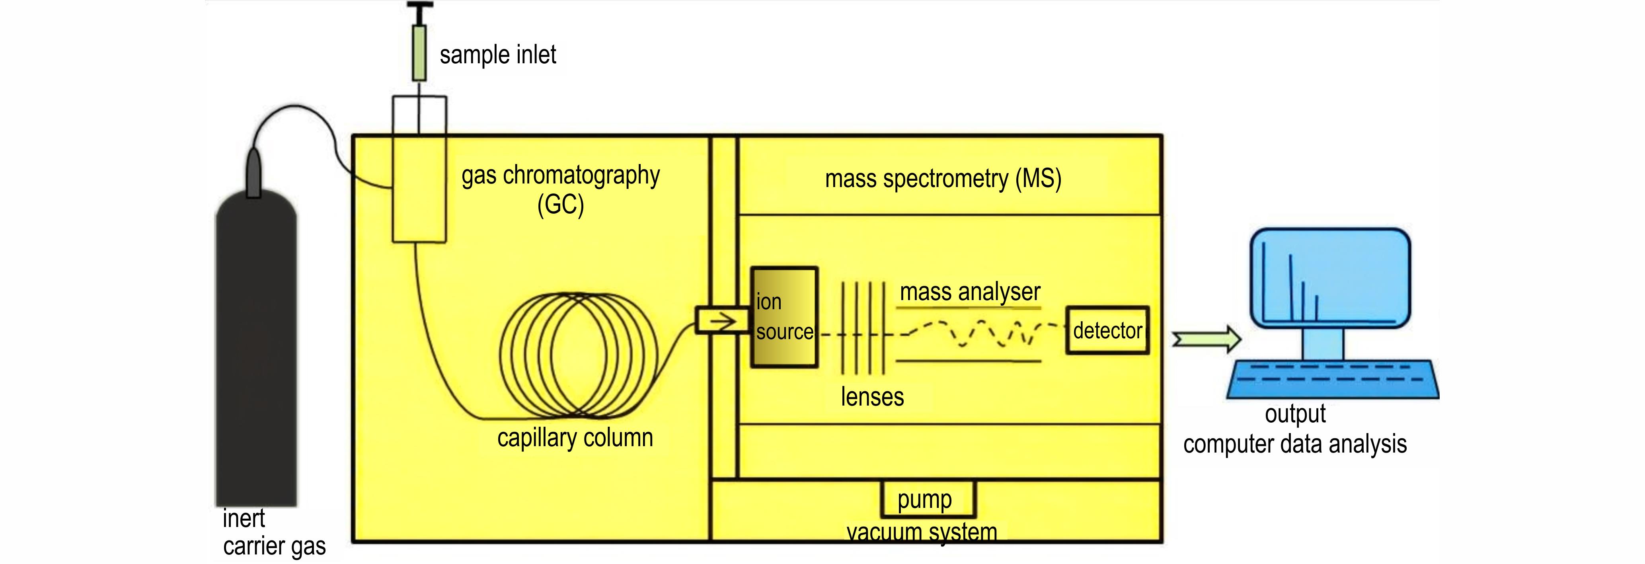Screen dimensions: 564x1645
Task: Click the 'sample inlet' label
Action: coord(497,55)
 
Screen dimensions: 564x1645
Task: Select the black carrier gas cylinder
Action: coord(256,351)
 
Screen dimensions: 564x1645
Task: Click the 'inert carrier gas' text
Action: coord(273,533)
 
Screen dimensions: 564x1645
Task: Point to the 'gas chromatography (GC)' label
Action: coord(561,190)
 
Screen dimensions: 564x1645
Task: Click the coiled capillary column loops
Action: coord(578,355)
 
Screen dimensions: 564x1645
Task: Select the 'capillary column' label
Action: coord(575,438)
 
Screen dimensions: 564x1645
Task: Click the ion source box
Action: coord(784,318)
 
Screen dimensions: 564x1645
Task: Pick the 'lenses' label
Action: coord(872,397)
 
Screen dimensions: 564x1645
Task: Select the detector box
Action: coord(1107,331)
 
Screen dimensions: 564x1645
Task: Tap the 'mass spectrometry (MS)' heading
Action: coord(943,179)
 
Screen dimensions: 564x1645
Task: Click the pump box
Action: coord(928,499)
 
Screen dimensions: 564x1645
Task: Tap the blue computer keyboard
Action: coord(1332,379)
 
